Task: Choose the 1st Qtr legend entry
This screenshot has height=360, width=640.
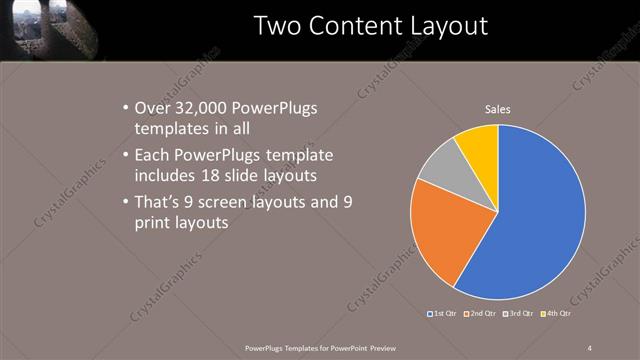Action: (x=443, y=314)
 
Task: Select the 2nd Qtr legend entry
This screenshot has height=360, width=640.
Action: (x=480, y=314)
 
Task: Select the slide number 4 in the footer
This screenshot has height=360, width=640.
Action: (x=589, y=347)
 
